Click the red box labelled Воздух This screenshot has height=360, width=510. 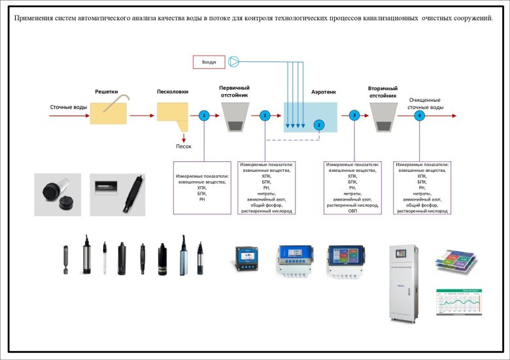click(x=209, y=62)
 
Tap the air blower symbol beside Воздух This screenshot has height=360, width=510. click(x=234, y=62)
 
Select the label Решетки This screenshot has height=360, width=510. click(x=106, y=92)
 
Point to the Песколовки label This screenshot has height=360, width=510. click(x=173, y=92)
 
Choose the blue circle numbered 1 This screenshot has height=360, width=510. click(x=204, y=115)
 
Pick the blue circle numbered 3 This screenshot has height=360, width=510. click(x=354, y=115)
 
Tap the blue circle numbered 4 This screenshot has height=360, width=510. click(x=419, y=115)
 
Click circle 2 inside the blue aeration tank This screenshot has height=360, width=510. click(x=319, y=124)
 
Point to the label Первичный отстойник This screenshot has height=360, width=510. click(x=234, y=91)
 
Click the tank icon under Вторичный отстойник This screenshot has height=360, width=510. click(x=383, y=116)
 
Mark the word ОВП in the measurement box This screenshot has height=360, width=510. click(x=352, y=212)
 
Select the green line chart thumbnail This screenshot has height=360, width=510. click(x=464, y=304)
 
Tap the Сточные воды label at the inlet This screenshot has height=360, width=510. click(x=68, y=107)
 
